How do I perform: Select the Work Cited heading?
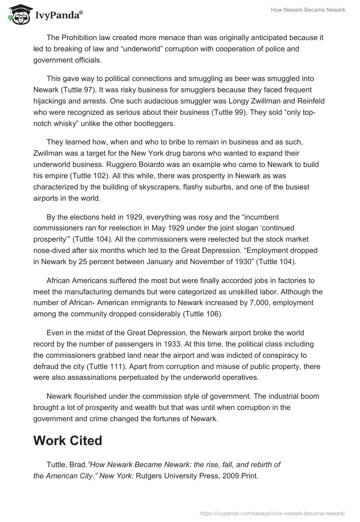68,441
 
